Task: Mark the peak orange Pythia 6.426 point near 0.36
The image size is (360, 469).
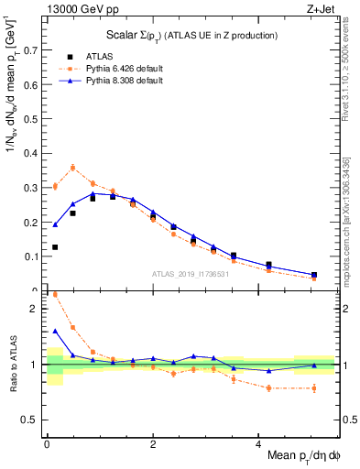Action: pyautogui.click(x=73, y=168)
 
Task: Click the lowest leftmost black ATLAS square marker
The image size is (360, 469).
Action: pyautogui.click(x=55, y=247)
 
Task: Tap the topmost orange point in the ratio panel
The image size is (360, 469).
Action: pyautogui.click(x=55, y=295)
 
